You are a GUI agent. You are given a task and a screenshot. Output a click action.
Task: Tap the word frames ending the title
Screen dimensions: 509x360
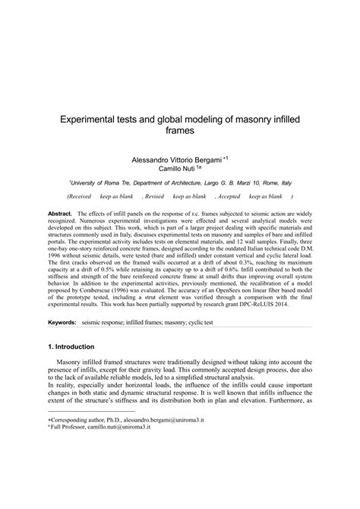click(179, 131)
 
